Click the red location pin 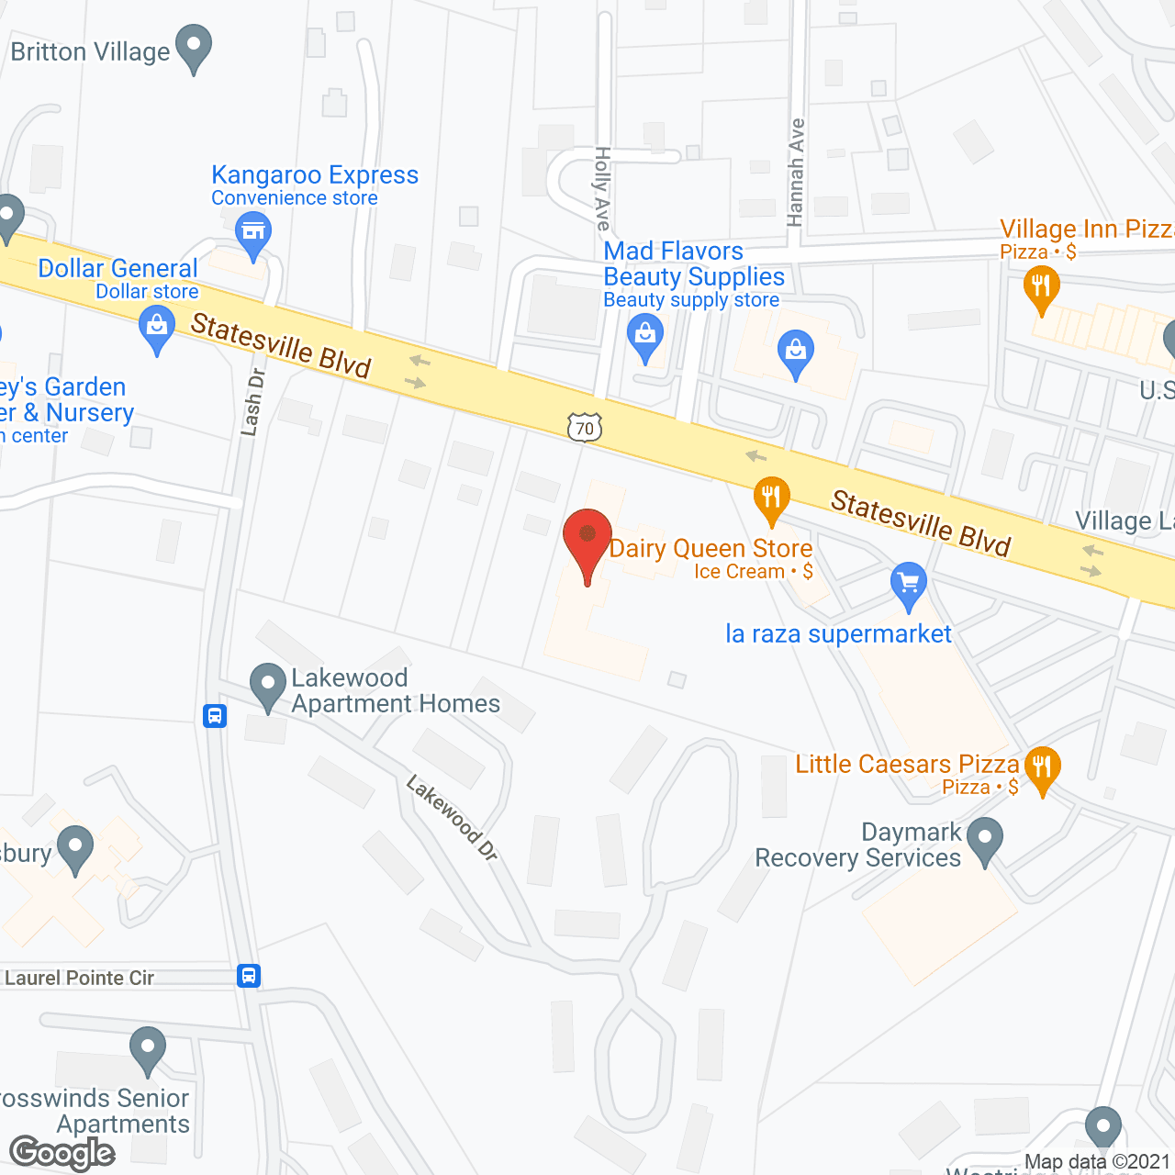tap(587, 537)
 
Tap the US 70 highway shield tap(585, 428)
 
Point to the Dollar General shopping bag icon tap(157, 327)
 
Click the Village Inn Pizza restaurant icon tap(1041, 287)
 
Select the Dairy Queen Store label tap(711, 549)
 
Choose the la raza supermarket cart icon tap(908, 584)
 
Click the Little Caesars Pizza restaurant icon tap(1042, 767)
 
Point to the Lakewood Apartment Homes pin tap(268, 685)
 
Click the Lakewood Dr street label tap(452, 818)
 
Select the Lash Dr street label tap(252, 401)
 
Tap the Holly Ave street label tap(602, 187)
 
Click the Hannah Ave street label tap(796, 172)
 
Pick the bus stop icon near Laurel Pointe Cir tap(249, 976)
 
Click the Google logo tap(62, 1153)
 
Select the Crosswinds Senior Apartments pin tap(148, 1048)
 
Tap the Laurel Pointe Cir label tap(80, 979)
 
